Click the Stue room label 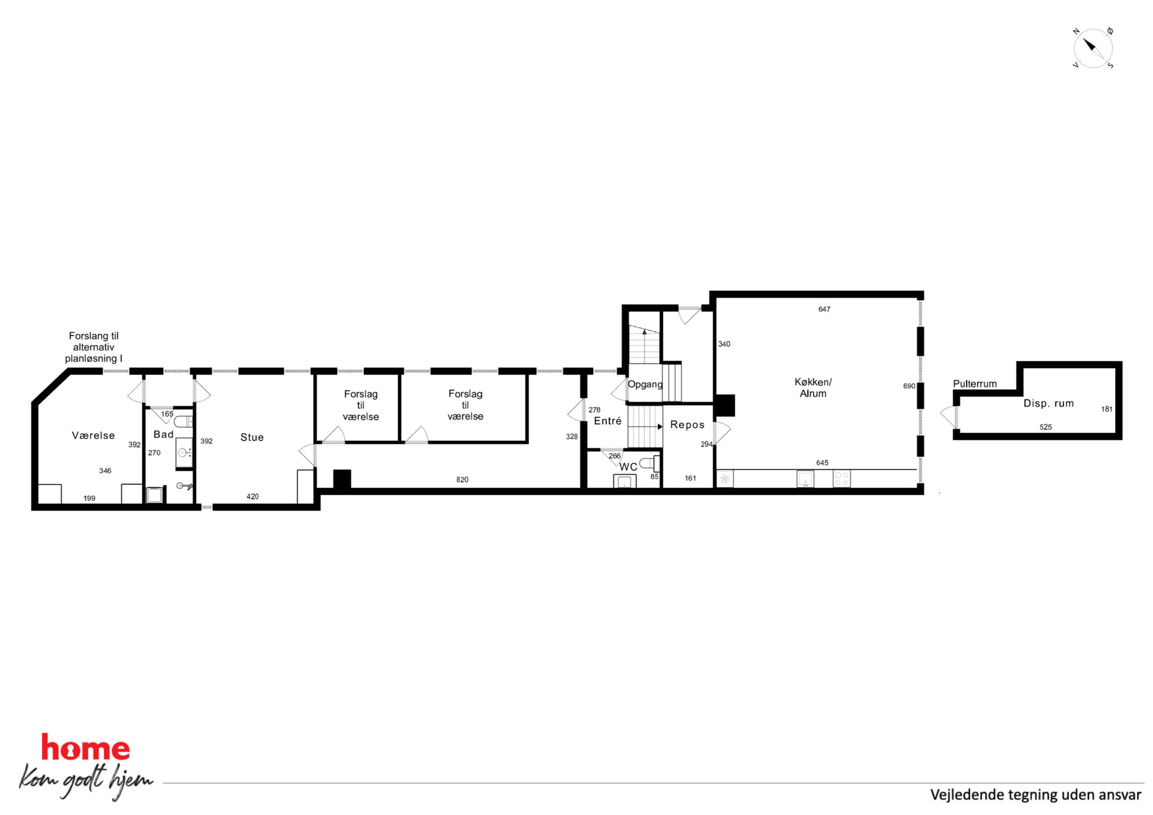pos(252,437)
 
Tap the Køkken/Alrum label pos(813,387)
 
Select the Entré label pos(607,421)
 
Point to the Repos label pos(687,425)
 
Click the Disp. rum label pos(1048,403)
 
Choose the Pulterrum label pos(975,384)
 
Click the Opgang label pos(645,385)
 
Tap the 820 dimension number pos(462,480)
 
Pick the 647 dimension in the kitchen pos(824,310)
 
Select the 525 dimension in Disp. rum pos(1045,427)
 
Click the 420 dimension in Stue pos(252,497)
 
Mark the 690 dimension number pos(909,386)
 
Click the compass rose pos(1093,48)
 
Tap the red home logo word pos(85,748)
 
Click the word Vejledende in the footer pos(966,795)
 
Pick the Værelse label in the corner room pos(93,436)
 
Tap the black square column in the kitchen pos(724,405)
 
